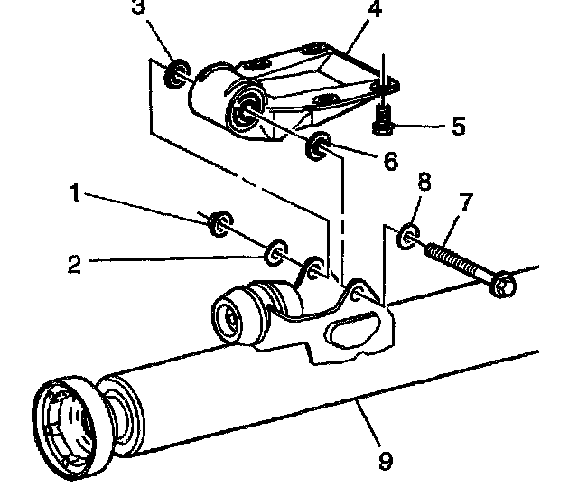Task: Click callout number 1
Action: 75,192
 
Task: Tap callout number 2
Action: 74,265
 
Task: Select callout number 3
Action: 138,6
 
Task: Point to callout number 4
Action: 375,8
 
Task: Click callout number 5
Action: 458,127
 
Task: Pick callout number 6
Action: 391,161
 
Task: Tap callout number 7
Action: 466,202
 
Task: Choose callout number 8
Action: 424,182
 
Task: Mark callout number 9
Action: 386,461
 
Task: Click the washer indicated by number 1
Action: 220,223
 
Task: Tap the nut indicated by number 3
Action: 177,72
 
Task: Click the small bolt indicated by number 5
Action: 383,118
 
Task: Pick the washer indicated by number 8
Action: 407,236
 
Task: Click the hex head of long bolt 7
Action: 503,285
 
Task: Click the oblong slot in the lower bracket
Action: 353,329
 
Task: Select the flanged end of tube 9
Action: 70,427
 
